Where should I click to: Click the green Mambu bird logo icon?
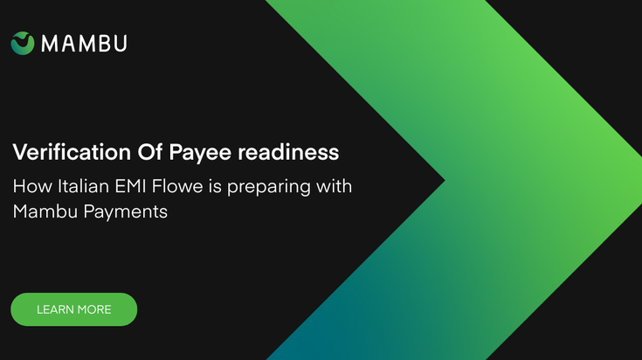pos(23,43)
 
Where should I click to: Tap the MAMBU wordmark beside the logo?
pos(85,44)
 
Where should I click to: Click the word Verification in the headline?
pos(72,152)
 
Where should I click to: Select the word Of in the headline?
pos(150,152)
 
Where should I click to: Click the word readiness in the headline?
pos(288,152)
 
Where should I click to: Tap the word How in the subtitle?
pos(32,186)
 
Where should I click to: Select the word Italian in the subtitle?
pos(83,186)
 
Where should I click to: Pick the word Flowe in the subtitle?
pos(177,186)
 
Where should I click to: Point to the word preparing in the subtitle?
pos(269,188)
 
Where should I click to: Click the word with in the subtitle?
pos(334,186)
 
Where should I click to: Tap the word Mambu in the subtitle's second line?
pos(45,211)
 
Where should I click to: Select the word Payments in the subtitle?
pos(126,213)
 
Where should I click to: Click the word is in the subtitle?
pos(216,186)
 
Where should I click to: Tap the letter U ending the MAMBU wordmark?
pos(121,44)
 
